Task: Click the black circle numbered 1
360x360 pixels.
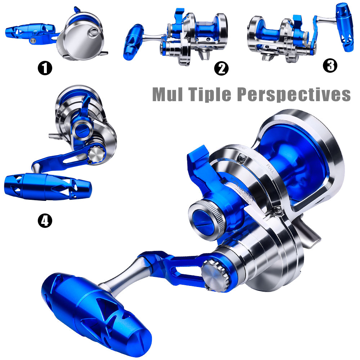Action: click(45, 68)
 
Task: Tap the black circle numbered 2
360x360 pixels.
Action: click(221, 68)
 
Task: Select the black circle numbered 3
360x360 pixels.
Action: click(330, 65)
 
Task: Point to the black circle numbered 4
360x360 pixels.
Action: click(45, 220)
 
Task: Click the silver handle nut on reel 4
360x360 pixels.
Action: click(96, 154)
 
